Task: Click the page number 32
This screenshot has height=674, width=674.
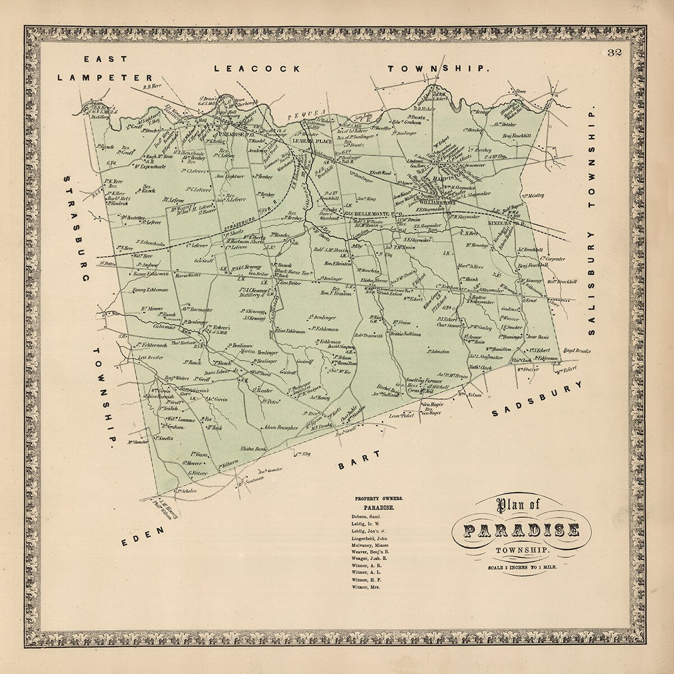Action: [613, 54]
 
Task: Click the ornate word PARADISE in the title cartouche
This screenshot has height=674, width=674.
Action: [522, 530]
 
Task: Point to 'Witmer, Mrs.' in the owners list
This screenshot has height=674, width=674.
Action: [366, 586]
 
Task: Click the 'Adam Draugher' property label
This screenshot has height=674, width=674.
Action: [280, 428]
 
